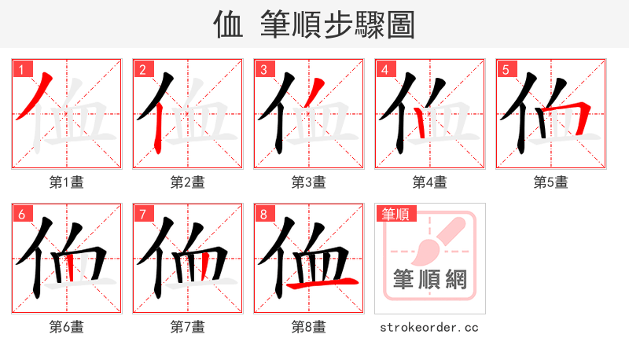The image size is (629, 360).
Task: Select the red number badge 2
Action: (x=142, y=69)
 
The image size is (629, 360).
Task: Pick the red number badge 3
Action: (x=263, y=69)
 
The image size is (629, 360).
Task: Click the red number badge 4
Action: (x=384, y=69)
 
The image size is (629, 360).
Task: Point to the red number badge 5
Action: (x=506, y=69)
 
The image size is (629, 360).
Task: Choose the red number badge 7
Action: (x=142, y=214)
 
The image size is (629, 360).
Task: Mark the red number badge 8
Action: (x=263, y=214)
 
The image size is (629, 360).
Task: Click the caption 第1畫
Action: (x=66, y=182)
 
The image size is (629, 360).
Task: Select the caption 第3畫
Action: (x=308, y=182)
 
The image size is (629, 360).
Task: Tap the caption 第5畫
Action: (x=550, y=182)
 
